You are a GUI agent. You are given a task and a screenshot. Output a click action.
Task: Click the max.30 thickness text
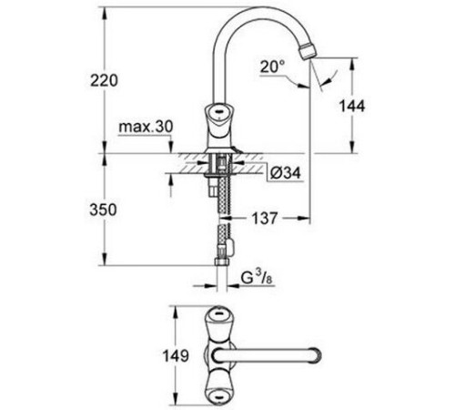click(146, 125)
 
